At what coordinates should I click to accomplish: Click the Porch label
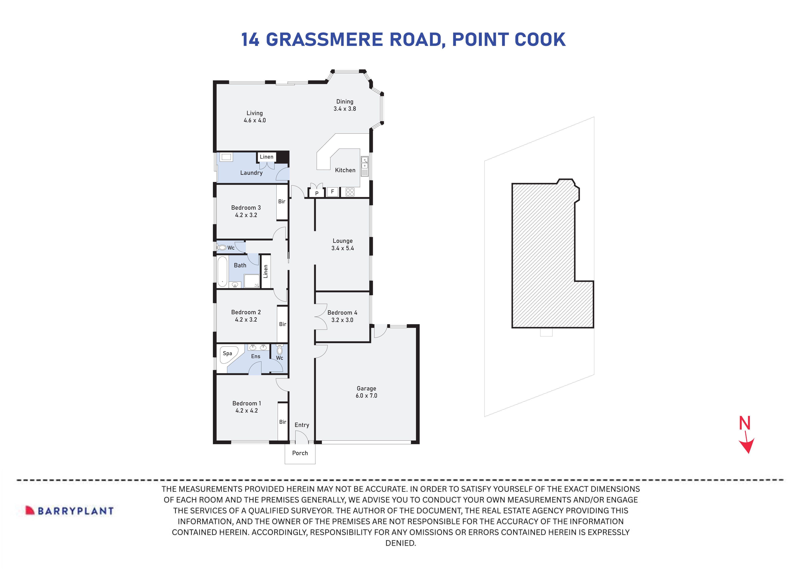pyautogui.click(x=300, y=453)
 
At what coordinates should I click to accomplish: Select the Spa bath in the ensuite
pyautogui.click(x=228, y=354)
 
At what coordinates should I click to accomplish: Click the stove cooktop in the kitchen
pyautogui.click(x=350, y=192)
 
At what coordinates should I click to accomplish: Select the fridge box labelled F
pyautogui.click(x=332, y=192)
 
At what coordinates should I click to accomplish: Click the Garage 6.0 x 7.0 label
pyautogui.click(x=366, y=392)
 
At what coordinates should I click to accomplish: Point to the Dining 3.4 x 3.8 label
pyautogui.click(x=344, y=105)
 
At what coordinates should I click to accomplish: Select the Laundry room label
pyautogui.click(x=251, y=173)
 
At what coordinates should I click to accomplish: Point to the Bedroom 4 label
pyautogui.click(x=342, y=316)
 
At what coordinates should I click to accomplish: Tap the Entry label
pyautogui.click(x=302, y=425)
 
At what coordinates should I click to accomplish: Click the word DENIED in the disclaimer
pyautogui.click(x=400, y=543)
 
